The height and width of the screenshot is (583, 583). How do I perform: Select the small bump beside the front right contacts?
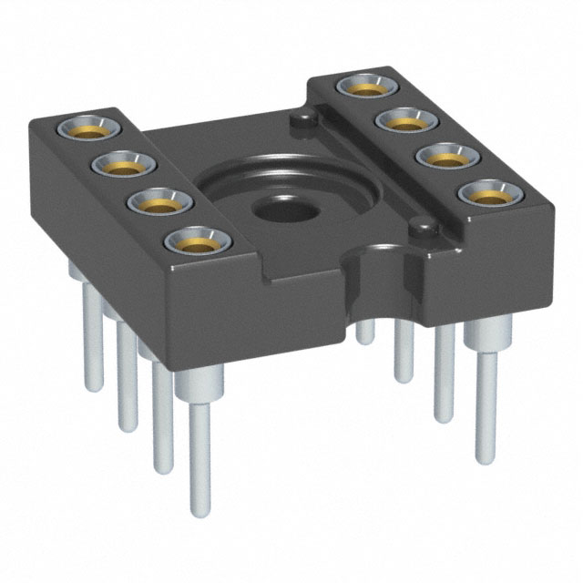tap(420, 222)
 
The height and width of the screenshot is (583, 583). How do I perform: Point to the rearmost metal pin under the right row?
tap(365, 332)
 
